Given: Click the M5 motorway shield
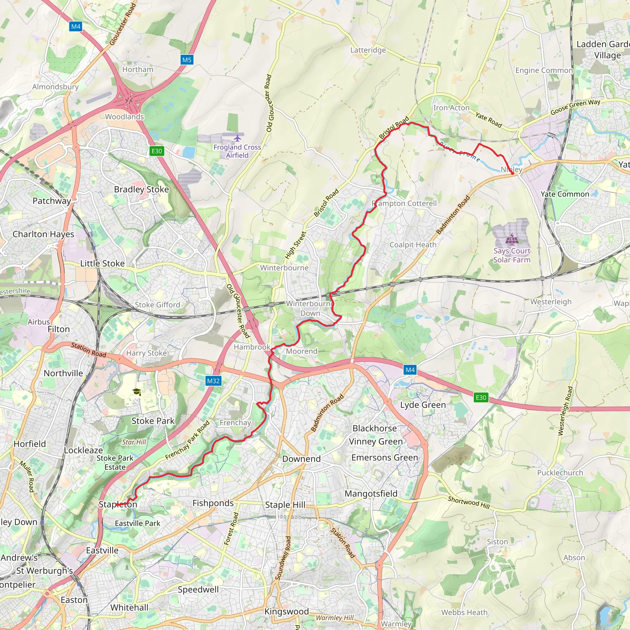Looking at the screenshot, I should tap(186, 60).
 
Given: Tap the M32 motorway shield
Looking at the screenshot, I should tap(213, 381).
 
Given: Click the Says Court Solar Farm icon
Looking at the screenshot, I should tap(511, 239).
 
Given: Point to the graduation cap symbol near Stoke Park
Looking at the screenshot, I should tap(137, 392).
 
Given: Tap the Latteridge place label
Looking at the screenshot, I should tap(368, 50).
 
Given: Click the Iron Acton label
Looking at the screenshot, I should tap(451, 108).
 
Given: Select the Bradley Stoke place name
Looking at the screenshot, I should tap(142, 189).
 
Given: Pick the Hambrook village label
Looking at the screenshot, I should tap(252, 347).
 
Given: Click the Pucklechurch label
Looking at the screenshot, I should tap(560, 473).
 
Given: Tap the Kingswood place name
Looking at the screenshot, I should tap(286, 612).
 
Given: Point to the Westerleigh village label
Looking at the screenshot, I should tap(551, 302).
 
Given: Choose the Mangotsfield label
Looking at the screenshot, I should tap(371, 494).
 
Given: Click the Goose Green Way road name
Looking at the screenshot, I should tap(575, 107).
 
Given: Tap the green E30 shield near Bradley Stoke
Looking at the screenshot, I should tap(157, 151).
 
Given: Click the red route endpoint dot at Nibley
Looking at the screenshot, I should tap(512, 173).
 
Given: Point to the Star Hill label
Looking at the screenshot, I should tap(134, 442).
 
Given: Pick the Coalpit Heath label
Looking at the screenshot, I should tap(413, 245).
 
